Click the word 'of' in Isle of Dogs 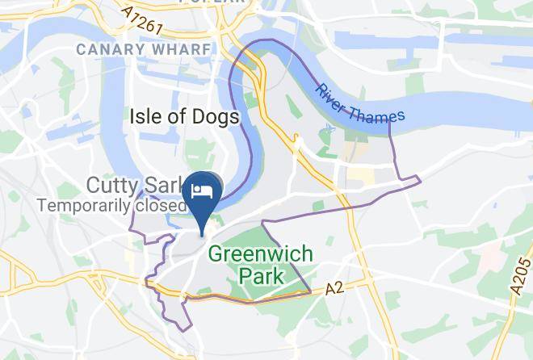point(180,117)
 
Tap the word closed point(157,206)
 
